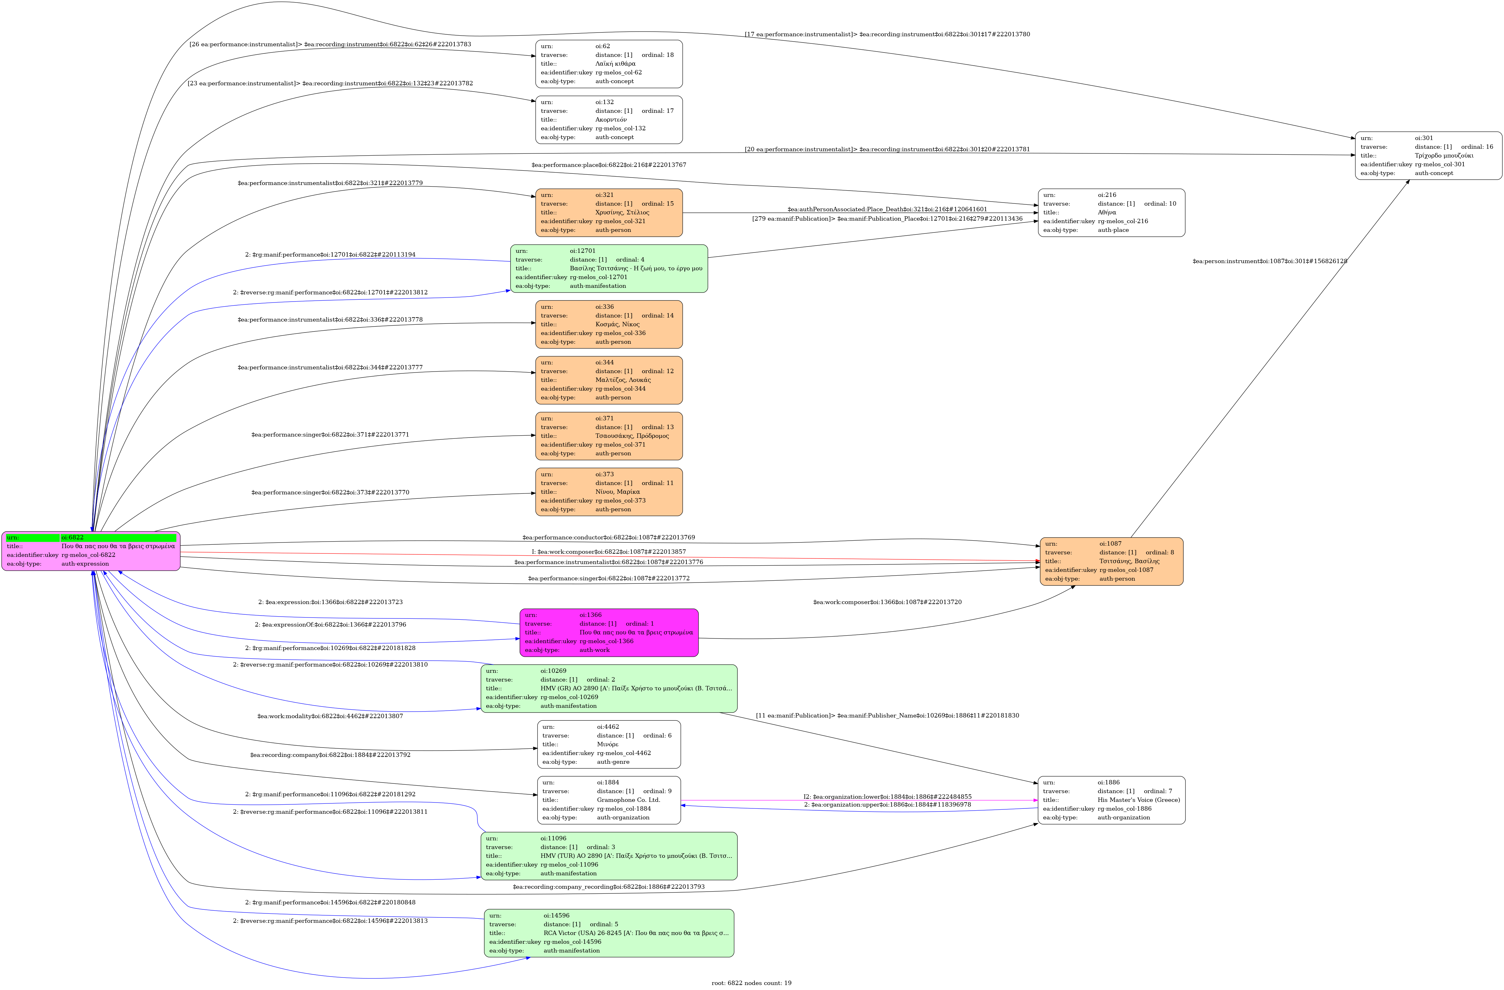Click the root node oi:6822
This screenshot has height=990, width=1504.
(91, 551)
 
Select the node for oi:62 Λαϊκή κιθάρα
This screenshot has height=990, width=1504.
(609, 64)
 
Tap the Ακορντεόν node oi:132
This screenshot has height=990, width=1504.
(609, 119)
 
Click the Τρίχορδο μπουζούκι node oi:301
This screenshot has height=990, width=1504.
(1428, 156)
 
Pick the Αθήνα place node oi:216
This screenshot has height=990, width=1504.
(1111, 212)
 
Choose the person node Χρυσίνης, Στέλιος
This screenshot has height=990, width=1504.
(609, 212)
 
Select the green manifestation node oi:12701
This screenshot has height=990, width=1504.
(609, 268)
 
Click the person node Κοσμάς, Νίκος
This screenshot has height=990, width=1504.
(609, 324)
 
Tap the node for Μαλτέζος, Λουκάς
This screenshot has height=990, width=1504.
(609, 380)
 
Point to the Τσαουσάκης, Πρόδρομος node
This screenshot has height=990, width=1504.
(609, 436)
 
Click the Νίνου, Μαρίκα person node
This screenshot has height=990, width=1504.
(609, 492)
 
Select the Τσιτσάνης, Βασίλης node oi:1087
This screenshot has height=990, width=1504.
(1111, 561)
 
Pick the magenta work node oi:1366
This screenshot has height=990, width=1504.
(609, 632)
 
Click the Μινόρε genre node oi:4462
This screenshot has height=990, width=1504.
(609, 744)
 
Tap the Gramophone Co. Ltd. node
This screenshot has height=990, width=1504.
(609, 800)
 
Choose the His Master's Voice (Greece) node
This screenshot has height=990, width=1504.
(1111, 800)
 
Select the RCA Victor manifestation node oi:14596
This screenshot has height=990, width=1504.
(609, 933)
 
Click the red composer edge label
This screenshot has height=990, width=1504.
(609, 552)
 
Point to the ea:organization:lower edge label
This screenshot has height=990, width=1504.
(887, 797)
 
